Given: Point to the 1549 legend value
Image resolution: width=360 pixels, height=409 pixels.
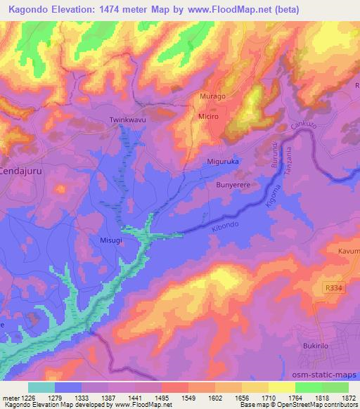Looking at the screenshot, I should (x=187, y=398).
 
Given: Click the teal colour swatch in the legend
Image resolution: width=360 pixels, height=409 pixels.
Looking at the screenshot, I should (x=41, y=387).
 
